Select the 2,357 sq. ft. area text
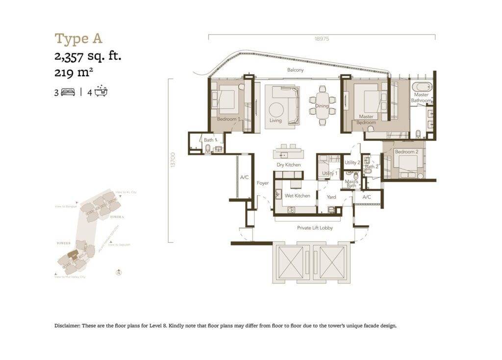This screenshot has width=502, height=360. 88,56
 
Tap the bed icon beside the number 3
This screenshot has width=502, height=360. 68,92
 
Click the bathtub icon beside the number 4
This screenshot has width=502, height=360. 101,91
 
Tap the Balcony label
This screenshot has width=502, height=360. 296,70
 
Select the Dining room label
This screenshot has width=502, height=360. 322,106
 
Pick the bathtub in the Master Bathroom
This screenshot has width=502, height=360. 421,87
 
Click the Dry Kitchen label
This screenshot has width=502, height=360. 288,165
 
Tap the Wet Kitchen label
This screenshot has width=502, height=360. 297,196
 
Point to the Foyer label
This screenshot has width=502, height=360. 263,183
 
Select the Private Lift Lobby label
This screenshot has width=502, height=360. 315,228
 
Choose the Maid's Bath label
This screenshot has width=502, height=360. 351,184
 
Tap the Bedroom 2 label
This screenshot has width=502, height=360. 406,152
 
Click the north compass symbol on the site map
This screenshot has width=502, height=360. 118,273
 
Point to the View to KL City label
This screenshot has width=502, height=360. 126,192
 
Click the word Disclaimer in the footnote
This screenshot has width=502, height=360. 67,326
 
